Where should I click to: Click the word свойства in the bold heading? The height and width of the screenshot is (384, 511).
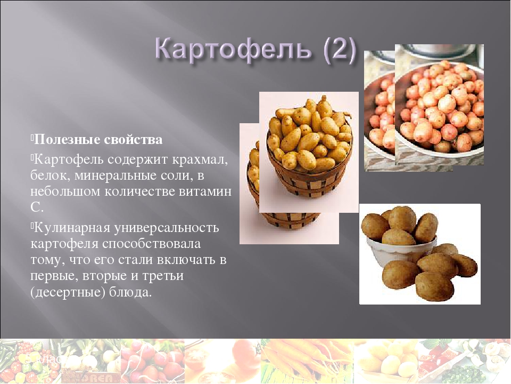[133, 139]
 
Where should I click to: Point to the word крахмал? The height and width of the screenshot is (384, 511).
[200, 159]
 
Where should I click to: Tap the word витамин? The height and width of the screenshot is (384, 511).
[205, 191]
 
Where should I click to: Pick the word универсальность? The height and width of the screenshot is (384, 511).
[167, 228]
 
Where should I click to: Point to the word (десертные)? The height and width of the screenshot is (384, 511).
[68, 293]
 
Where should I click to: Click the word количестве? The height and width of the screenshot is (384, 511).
[140, 191]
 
